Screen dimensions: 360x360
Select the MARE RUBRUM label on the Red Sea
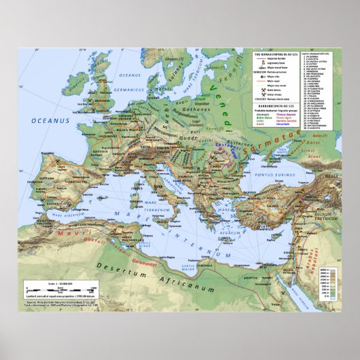[x=303, y=299]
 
